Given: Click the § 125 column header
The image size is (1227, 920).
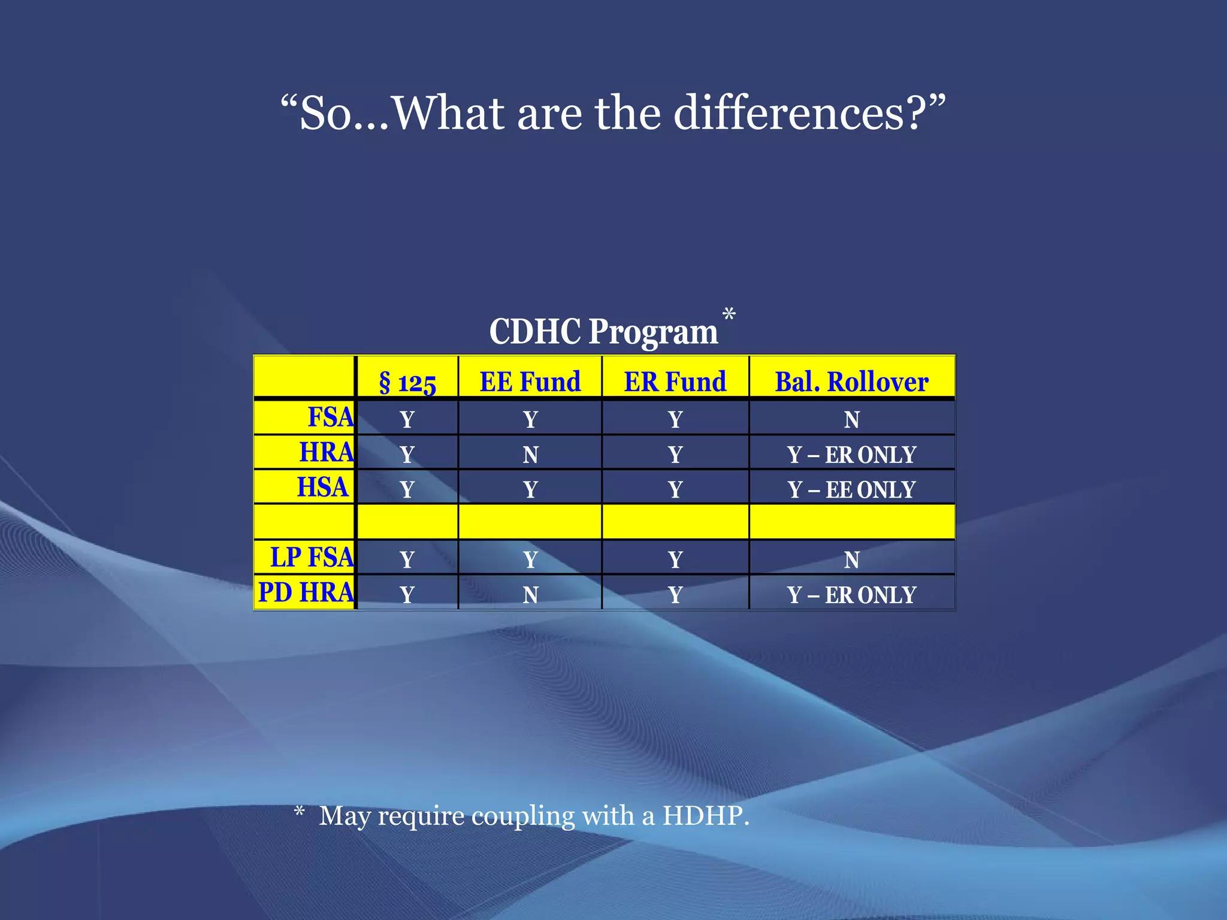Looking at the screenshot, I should [x=407, y=382].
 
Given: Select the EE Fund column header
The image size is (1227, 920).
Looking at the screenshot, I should [x=530, y=382].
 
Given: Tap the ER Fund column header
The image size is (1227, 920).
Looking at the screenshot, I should [x=675, y=382].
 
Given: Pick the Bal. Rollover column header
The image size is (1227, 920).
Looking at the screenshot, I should [x=851, y=382].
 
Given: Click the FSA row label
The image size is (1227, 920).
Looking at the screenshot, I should [x=330, y=417].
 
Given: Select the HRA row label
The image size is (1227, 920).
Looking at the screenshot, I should [x=327, y=452].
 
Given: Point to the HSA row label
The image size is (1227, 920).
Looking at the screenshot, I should [x=322, y=487].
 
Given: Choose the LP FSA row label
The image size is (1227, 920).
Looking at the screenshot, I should [x=312, y=558].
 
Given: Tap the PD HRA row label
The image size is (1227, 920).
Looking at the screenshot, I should [x=306, y=592].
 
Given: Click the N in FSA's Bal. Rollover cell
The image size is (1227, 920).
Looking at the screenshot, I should [x=851, y=420].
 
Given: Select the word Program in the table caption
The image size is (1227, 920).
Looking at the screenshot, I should [x=653, y=332].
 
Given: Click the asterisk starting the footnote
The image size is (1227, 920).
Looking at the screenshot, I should [x=300, y=812].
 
